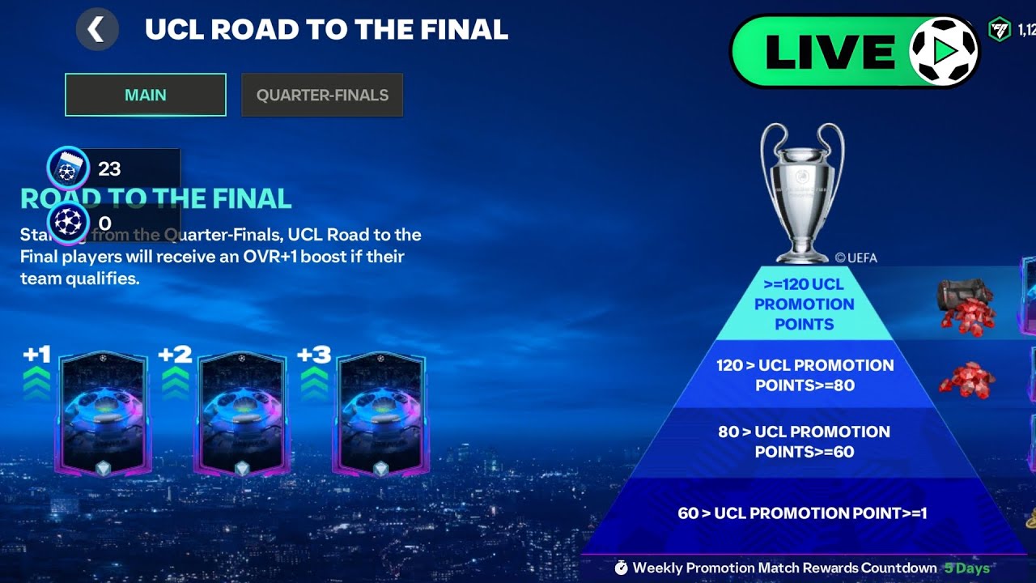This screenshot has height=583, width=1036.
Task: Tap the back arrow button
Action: click(x=97, y=30)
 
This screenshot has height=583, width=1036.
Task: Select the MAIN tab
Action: click(x=146, y=95)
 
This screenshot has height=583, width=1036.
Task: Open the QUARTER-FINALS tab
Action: click(x=322, y=95)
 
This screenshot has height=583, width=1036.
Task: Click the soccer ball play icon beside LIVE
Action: click(x=944, y=50)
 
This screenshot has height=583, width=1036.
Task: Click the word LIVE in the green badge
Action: click(x=830, y=53)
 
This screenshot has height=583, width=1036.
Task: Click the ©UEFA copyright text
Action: click(x=856, y=258)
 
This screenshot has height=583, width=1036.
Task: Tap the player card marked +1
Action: click(x=104, y=413)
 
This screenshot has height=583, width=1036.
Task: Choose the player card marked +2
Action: click(x=242, y=413)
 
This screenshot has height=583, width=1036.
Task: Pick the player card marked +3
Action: click(x=380, y=413)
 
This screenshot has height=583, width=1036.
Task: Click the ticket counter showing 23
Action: click(x=109, y=168)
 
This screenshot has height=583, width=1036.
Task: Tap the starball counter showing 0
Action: click(x=104, y=223)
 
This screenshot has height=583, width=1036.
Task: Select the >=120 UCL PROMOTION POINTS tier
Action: click(x=804, y=304)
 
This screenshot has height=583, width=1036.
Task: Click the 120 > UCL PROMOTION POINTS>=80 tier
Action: click(x=805, y=375)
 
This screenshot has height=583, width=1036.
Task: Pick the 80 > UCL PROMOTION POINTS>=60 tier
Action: click(x=804, y=442)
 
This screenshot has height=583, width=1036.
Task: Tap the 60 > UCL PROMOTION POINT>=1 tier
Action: click(x=802, y=513)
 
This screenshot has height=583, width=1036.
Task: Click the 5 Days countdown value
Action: click(x=966, y=568)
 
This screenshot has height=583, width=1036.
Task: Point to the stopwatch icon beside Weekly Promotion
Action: click(x=621, y=568)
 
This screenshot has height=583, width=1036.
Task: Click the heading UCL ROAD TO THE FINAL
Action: click(x=326, y=30)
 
